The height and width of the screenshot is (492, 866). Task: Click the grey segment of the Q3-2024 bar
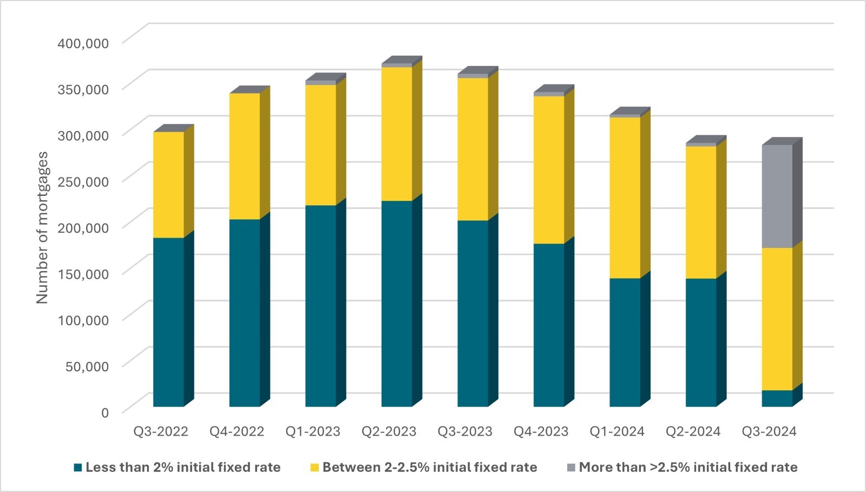[777, 196]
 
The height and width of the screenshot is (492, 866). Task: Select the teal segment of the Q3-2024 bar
[777, 398]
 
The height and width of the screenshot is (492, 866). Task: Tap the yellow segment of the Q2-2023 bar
[396, 134]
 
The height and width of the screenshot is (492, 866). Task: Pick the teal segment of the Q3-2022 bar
[168, 322]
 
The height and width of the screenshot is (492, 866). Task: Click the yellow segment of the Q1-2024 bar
[625, 198]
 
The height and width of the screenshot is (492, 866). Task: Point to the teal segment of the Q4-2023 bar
[548, 325]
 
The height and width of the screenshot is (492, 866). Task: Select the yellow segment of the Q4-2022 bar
[244, 156]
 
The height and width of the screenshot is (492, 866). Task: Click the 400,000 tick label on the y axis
[83, 43]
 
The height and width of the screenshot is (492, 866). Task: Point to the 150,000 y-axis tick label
[83, 274]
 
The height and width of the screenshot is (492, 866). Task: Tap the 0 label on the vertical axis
[105, 412]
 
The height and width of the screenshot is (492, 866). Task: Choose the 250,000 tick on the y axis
[83, 181]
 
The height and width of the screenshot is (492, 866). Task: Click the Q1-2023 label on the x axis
[313, 431]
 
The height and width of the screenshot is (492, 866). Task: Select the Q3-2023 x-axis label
[465, 431]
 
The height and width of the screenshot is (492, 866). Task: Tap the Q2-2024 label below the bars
[693, 431]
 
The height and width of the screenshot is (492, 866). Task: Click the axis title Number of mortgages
[42, 227]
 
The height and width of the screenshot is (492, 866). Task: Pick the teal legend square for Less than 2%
[78, 467]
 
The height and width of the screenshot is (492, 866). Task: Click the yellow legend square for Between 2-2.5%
[314, 467]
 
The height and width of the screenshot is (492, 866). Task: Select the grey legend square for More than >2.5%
[571, 467]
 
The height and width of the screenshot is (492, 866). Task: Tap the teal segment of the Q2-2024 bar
[700, 342]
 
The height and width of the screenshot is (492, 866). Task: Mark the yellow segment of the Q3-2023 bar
[473, 149]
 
